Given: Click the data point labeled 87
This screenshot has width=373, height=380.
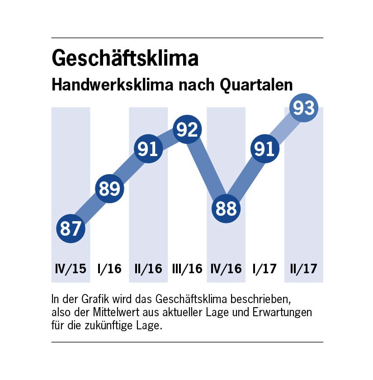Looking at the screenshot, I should (x=71, y=228).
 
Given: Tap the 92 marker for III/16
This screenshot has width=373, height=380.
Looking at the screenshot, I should (x=187, y=130).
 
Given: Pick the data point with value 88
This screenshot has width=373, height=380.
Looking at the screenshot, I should (x=226, y=209).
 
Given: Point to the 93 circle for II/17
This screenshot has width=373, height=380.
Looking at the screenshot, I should (x=303, y=108).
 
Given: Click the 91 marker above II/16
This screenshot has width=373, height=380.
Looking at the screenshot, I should (x=148, y=149).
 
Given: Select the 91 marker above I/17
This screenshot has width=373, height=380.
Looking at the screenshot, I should (x=264, y=149).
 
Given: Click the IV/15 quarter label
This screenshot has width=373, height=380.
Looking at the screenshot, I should (x=71, y=268).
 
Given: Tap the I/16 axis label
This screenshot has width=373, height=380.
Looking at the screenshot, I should (x=109, y=268).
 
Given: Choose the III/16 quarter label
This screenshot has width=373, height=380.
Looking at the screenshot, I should (x=187, y=268).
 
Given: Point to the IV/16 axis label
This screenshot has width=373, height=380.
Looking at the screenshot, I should (x=226, y=268).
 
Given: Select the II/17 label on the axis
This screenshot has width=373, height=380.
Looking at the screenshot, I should (x=303, y=268).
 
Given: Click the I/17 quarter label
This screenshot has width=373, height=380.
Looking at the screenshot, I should (x=264, y=268).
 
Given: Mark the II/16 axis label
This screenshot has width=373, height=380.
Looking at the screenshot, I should (x=148, y=268).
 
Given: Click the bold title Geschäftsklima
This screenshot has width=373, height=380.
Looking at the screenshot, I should (x=125, y=59).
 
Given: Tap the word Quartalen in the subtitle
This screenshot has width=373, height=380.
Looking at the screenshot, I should (x=256, y=85).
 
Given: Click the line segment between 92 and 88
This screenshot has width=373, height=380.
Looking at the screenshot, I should (x=207, y=170).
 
